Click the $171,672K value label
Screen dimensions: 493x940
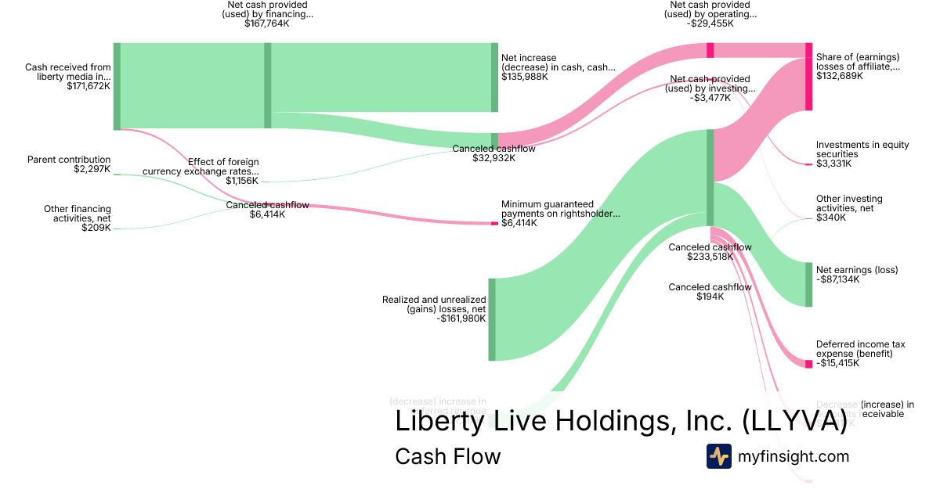point(89,86)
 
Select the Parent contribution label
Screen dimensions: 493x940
point(69,160)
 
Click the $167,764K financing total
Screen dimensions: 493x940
point(267,24)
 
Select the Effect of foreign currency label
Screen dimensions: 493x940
point(201,167)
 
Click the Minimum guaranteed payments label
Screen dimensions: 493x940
point(561,208)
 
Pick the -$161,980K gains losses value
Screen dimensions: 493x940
point(460,318)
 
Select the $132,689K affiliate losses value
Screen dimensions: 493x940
point(839,76)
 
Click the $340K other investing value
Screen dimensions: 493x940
point(831,218)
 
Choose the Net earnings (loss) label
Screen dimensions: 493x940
point(857,270)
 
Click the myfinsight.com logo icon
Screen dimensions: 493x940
point(719,456)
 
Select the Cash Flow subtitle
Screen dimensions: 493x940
point(447,456)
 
